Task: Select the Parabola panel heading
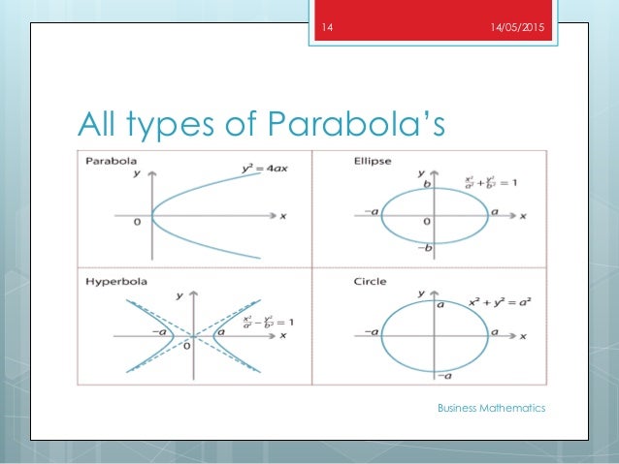tap(112, 160)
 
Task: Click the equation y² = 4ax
tap(261, 171)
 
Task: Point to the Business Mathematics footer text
tap(491, 408)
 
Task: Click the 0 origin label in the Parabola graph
tap(139, 222)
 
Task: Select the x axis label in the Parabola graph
tap(282, 216)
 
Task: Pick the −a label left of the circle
tap(370, 333)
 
